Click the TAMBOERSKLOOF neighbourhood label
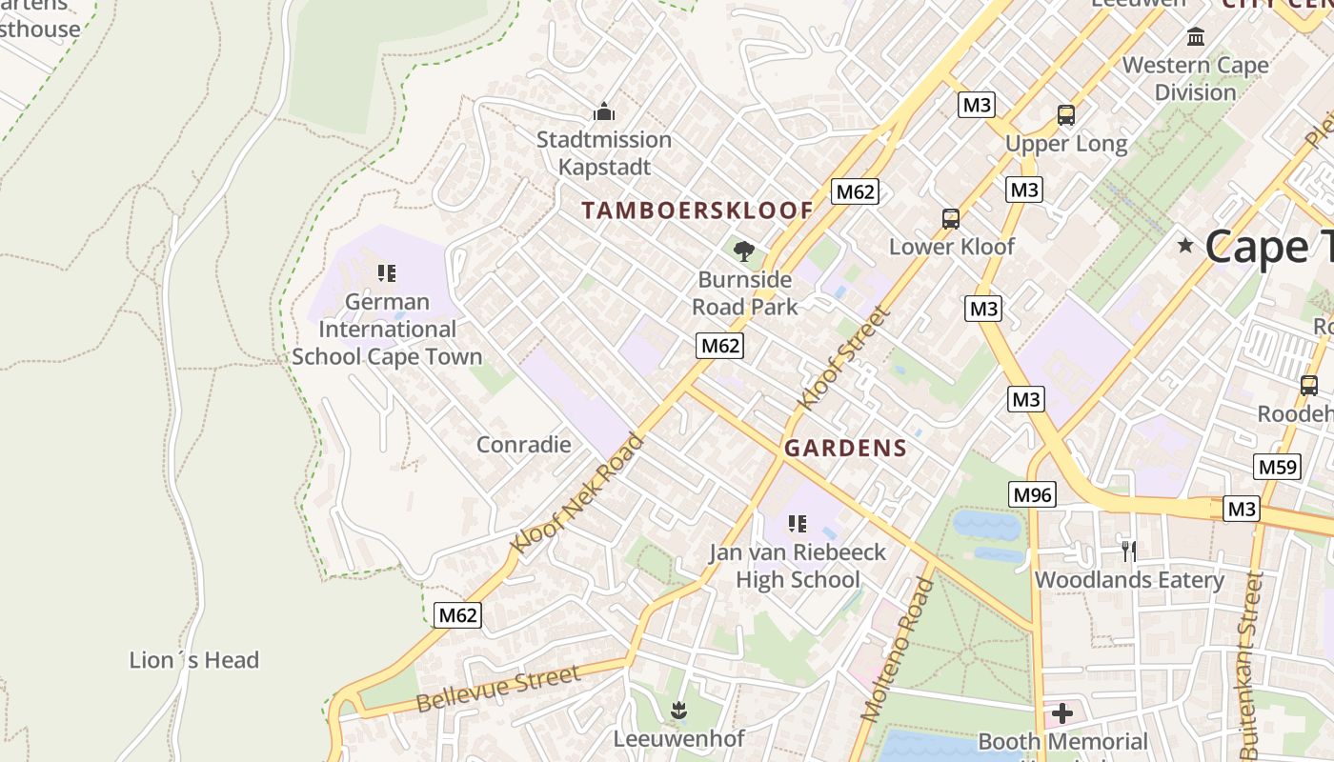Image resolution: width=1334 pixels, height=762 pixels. [x=697, y=211]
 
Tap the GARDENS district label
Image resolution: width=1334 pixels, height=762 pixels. [x=845, y=449]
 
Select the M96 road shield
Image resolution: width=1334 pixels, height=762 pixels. [x=1032, y=494]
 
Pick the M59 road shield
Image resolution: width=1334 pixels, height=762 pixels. [x=1277, y=467]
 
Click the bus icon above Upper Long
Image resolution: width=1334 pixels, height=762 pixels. [x=1066, y=115]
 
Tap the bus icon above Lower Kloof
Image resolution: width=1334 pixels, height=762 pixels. [x=950, y=218]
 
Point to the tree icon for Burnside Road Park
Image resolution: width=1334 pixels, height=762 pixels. [x=744, y=251]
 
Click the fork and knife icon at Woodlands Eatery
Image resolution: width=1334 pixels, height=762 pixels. [x=1129, y=551]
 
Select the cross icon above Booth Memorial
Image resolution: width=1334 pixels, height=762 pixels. [x=1062, y=712]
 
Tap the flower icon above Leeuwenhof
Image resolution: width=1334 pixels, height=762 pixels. [x=678, y=710]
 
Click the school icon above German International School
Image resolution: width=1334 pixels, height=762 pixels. [x=386, y=273]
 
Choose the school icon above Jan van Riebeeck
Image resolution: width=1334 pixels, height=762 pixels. [x=798, y=523]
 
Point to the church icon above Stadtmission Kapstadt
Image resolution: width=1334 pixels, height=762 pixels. [x=603, y=112]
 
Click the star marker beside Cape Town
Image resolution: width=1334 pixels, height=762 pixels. [x=1185, y=246]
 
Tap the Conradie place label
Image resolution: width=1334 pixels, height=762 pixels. [x=523, y=445]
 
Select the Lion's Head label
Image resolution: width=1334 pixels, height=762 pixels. [x=194, y=660]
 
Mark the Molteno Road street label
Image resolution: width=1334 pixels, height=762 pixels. [x=897, y=648]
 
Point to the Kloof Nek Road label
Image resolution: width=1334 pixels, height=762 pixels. [x=578, y=492]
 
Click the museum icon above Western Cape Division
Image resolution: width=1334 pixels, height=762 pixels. [x=1195, y=37]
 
